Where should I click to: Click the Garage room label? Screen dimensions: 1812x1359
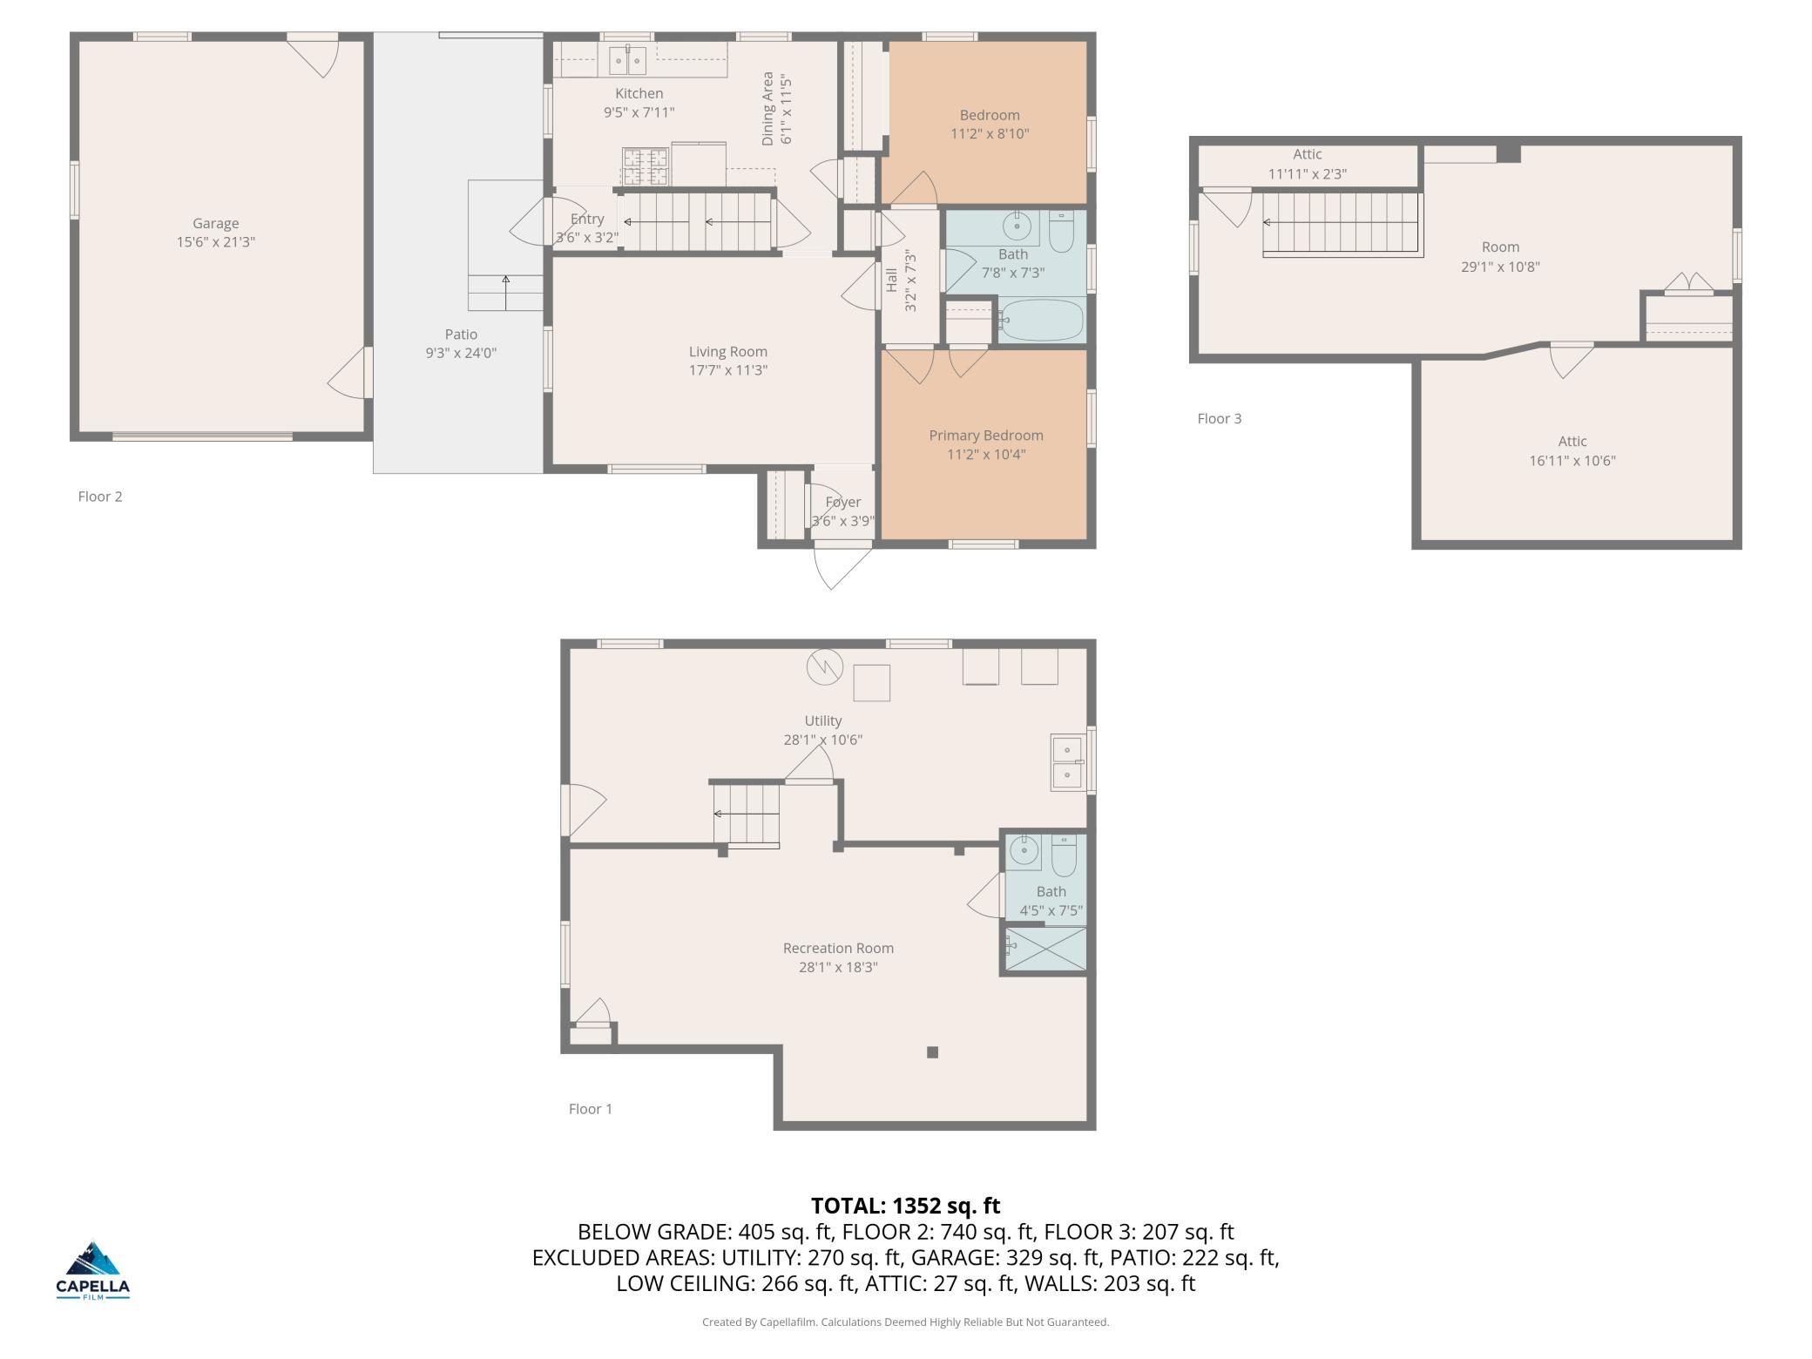click(215, 223)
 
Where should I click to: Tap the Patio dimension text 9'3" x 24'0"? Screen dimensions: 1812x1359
click(461, 353)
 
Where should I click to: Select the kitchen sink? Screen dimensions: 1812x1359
click(627, 60)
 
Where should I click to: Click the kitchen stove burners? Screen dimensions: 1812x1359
click(645, 166)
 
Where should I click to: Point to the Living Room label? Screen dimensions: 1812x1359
click(728, 352)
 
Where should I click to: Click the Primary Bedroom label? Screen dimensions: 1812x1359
click(986, 436)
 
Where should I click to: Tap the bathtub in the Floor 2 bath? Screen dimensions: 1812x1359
click(1041, 321)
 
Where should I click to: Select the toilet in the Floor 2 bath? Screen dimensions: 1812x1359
click(1061, 231)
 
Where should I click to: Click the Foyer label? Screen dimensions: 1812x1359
click(842, 503)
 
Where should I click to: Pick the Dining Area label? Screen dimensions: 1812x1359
click(767, 109)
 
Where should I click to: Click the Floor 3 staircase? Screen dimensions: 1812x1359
click(1342, 224)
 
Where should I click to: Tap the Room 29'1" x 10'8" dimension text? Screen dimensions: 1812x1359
click(1500, 267)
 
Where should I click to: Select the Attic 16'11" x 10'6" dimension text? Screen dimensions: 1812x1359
click(1572, 461)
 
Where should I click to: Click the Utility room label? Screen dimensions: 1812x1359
click(823, 721)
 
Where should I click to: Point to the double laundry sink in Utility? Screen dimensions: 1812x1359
click(1067, 762)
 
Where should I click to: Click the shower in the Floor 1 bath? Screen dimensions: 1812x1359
click(1046, 949)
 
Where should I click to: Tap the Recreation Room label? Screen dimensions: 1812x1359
click(838, 949)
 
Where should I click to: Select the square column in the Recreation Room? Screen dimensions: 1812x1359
click(932, 1052)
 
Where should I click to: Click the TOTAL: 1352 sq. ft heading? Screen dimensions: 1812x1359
click(906, 1206)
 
